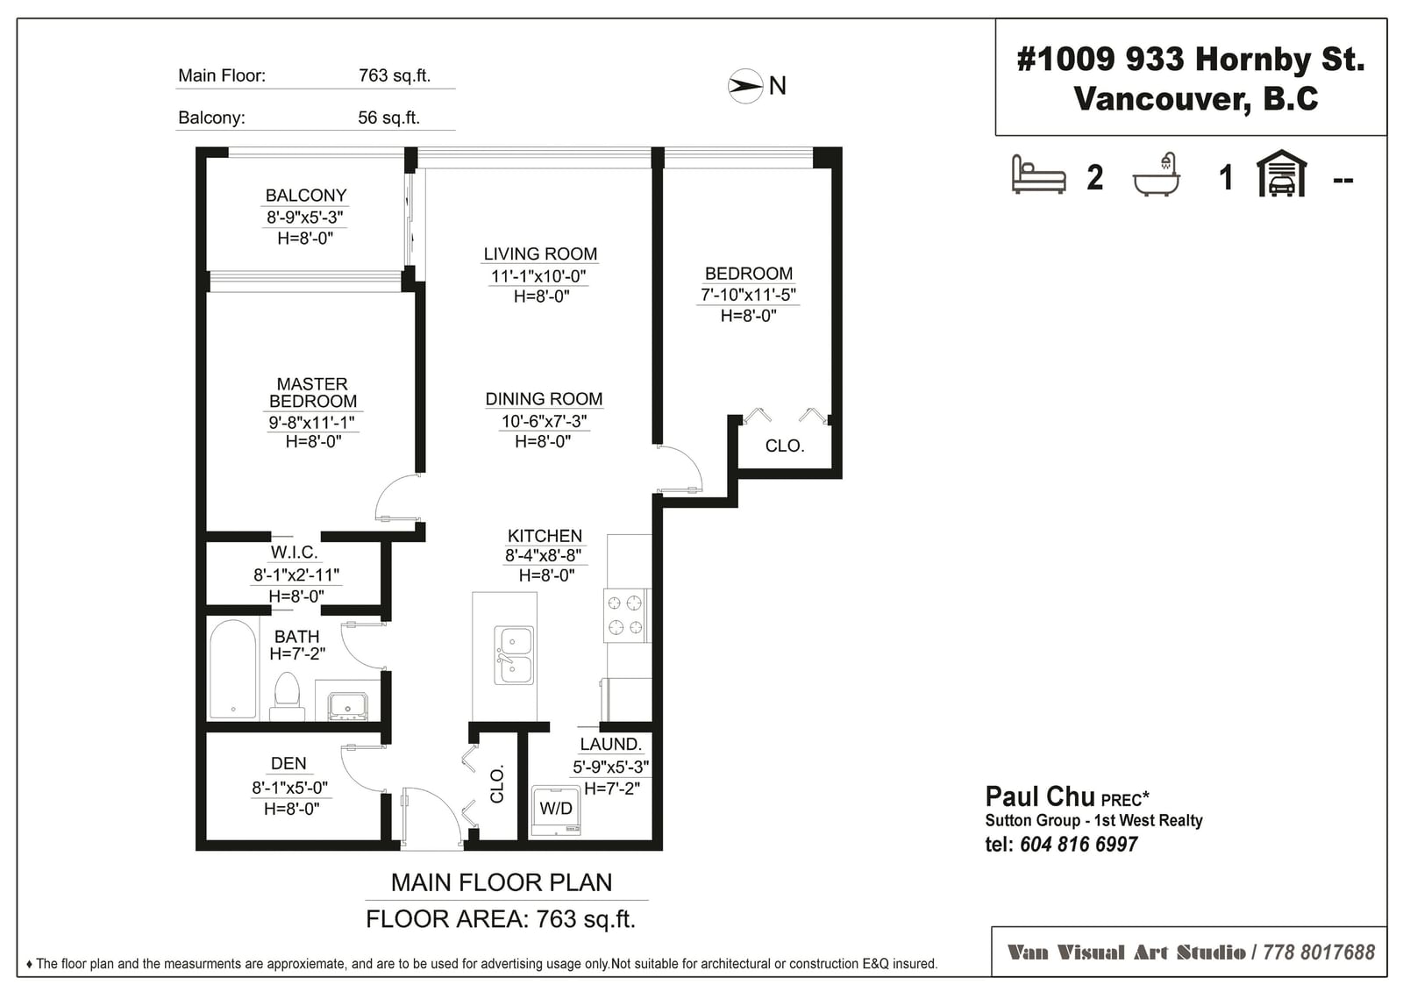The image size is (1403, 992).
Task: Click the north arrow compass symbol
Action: [745, 86]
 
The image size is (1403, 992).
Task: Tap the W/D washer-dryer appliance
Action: [556, 811]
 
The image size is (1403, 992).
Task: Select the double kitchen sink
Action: [514, 655]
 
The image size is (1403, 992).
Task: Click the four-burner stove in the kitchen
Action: [626, 616]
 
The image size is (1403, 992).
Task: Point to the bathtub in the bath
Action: [233, 668]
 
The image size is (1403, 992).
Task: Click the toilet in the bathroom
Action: [288, 696]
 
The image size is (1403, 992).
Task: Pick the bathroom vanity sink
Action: [347, 706]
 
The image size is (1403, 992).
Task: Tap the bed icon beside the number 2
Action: [1038, 175]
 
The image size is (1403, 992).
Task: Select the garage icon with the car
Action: [1281, 173]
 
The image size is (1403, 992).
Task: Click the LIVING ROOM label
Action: [540, 253]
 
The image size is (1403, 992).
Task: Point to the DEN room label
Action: [288, 763]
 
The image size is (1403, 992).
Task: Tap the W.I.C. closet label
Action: [295, 552]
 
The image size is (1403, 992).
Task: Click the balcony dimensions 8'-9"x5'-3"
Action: [305, 218]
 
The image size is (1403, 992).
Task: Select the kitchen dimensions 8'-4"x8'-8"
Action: [543, 555]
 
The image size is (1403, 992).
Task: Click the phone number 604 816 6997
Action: [1079, 844]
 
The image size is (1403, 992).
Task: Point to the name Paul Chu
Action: [1040, 796]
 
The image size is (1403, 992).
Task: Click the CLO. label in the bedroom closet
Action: [784, 446]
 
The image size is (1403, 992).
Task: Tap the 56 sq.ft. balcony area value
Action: [388, 118]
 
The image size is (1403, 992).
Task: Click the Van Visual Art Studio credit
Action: [1126, 953]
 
